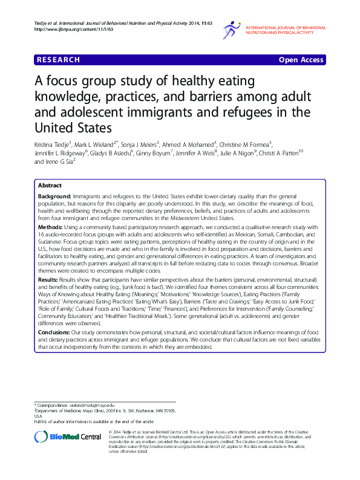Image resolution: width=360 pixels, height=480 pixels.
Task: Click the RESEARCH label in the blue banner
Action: (x=58, y=59)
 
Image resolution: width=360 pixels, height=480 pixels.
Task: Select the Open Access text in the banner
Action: (x=301, y=59)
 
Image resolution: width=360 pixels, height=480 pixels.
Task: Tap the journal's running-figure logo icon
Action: (x=232, y=29)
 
